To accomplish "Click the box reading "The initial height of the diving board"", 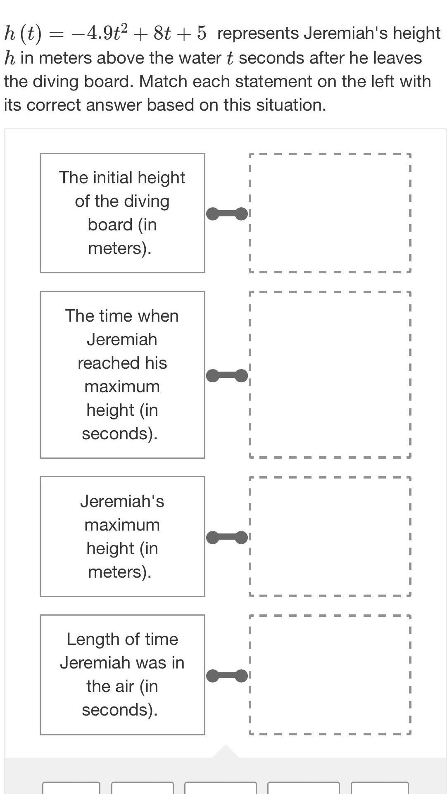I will [122, 213].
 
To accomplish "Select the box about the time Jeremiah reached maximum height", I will [122, 374].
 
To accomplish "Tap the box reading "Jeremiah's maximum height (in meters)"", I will [122, 536].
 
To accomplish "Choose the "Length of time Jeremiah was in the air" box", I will [122, 674].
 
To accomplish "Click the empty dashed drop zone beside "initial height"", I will [330, 213].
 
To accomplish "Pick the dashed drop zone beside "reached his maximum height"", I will [330, 374].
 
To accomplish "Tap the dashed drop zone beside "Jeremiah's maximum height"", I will [330, 536].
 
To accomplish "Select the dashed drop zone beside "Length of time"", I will [330, 674].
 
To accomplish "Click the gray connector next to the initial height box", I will [227, 214].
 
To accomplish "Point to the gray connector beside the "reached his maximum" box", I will [227, 376].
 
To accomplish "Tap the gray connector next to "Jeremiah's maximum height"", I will [227, 538].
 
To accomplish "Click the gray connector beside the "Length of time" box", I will [227, 675].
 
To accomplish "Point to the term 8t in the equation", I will [162, 33].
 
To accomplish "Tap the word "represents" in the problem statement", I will [258, 33].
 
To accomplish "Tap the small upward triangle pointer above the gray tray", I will [225, 752].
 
